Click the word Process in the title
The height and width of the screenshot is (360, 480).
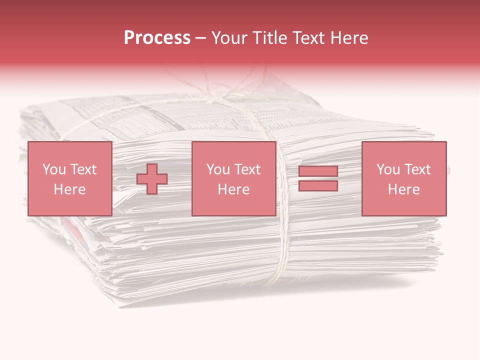157,38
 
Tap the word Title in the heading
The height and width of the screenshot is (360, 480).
268,38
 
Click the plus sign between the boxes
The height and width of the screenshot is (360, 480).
152,179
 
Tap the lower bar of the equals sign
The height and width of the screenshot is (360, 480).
318,185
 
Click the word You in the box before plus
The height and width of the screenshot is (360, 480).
53,169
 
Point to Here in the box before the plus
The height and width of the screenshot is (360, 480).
69,189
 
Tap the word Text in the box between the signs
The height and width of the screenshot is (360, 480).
248,169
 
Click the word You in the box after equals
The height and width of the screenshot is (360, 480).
387,169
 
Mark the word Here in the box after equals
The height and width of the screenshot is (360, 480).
404,189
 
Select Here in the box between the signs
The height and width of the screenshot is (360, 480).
233,189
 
